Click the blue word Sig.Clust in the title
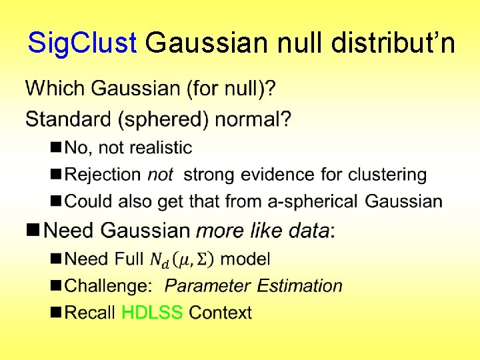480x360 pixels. (82, 43)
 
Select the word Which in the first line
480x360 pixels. (55, 88)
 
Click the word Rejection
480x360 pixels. (103, 175)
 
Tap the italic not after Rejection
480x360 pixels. (160, 175)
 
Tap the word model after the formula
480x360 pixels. (245, 259)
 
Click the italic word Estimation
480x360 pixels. (299, 286)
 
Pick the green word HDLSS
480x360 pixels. (152, 313)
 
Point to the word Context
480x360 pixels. (220, 313)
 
